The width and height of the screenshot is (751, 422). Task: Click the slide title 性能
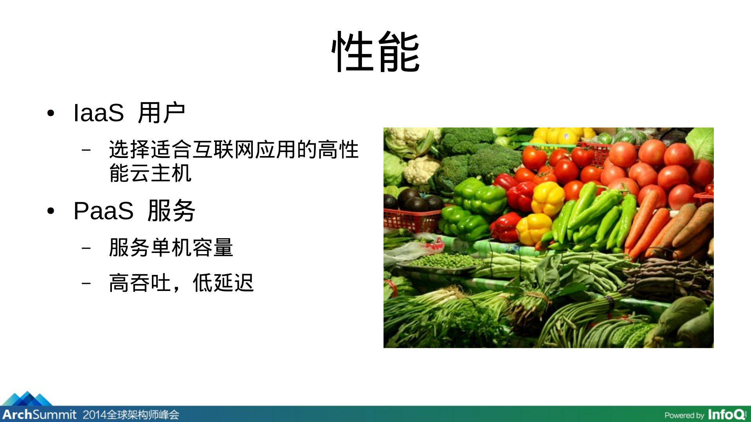(375, 52)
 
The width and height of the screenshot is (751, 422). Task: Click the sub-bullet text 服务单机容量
(171, 248)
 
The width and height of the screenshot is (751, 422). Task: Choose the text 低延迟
(223, 283)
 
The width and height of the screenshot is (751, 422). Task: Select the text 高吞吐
(140, 283)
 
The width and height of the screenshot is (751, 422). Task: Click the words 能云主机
(150, 173)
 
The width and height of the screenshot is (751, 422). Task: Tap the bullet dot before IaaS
(50, 113)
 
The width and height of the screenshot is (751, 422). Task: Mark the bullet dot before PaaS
(50, 211)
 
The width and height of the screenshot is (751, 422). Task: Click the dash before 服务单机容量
(86, 248)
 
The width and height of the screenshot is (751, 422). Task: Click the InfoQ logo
(727, 414)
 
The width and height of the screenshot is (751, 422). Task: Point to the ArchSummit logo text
(39, 414)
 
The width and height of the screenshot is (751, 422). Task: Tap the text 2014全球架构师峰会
(131, 415)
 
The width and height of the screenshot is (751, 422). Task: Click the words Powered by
(684, 415)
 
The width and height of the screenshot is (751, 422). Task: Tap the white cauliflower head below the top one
(421, 170)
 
